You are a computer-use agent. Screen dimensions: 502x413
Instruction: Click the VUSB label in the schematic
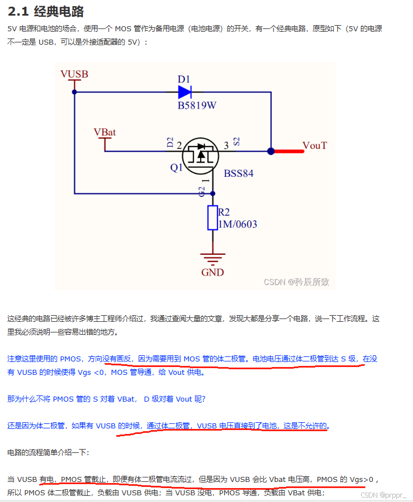click(74, 74)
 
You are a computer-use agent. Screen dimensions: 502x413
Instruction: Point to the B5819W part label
click(197, 106)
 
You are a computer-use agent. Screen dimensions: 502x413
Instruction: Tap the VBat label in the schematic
click(105, 132)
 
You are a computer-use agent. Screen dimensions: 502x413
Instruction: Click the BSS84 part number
click(239, 173)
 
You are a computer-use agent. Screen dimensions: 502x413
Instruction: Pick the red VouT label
click(315, 146)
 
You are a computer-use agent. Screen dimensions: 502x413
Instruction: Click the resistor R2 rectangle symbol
click(212, 218)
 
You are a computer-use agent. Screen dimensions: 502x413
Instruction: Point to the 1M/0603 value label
click(238, 224)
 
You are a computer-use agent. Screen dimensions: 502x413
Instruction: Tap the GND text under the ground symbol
click(212, 272)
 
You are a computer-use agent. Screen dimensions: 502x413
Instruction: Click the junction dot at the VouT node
click(271, 151)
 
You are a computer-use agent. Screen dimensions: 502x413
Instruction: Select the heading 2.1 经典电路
click(45, 11)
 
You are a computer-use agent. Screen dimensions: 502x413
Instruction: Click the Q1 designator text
click(177, 167)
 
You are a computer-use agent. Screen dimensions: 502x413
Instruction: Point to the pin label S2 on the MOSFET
click(236, 142)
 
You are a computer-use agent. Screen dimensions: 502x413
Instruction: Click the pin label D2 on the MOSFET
click(170, 143)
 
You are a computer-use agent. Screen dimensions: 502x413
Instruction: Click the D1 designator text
click(184, 79)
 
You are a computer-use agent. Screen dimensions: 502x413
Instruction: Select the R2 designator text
click(224, 212)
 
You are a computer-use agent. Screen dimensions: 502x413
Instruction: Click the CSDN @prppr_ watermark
click(383, 495)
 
